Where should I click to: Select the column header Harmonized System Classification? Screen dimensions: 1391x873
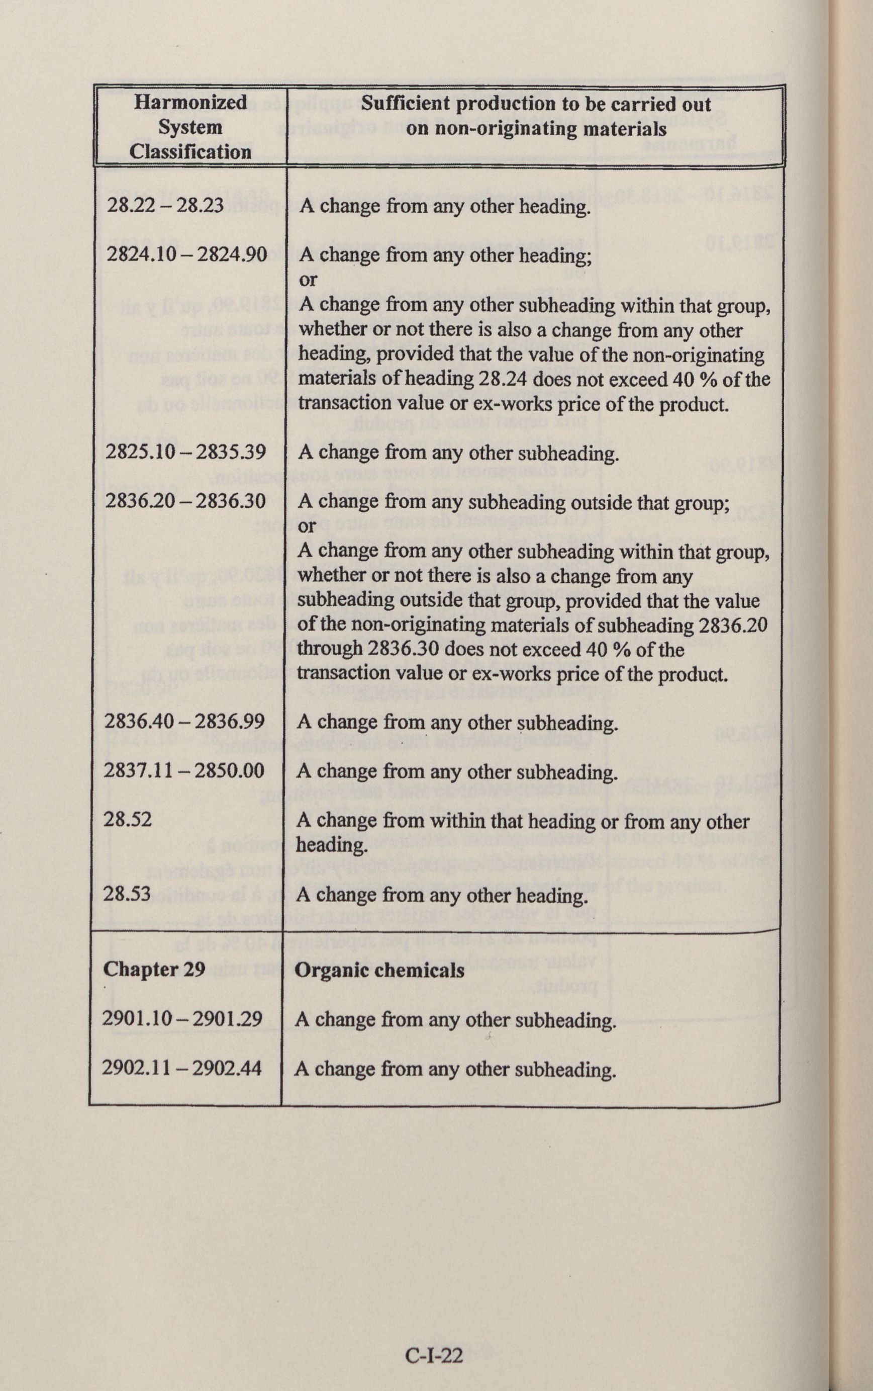point(190,127)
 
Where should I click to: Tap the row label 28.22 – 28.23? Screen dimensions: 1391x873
point(165,205)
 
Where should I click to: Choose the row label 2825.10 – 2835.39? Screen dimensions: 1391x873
point(186,451)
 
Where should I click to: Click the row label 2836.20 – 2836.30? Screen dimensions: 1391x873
point(185,500)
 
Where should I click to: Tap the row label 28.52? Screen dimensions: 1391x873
point(128,819)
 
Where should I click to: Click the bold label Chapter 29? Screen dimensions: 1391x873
point(154,969)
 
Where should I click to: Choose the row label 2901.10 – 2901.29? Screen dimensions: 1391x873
point(182,1018)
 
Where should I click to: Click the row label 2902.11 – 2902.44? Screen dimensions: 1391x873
point(182,1068)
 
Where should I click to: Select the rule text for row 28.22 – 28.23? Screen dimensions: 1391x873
point(445,206)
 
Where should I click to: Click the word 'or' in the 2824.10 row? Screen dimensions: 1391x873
point(308,280)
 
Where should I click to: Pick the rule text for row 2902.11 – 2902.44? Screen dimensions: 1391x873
point(455,1069)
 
